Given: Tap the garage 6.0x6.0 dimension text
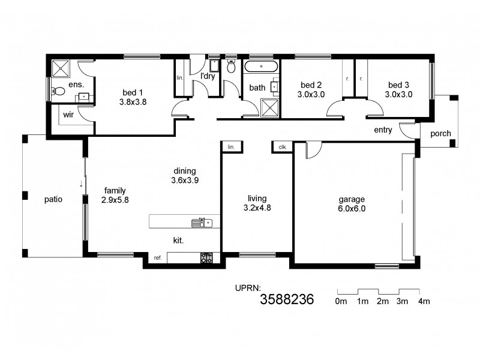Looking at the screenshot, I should [351, 209].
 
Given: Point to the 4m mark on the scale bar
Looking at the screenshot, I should [424, 301].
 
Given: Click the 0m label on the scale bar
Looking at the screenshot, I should [341, 301].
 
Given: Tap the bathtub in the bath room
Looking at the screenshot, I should [261, 67].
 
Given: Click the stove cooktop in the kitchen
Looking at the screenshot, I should [206, 257].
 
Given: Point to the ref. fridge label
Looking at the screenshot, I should [158, 257].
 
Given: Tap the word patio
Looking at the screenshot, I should [53, 199].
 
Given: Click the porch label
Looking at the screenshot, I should [441, 134].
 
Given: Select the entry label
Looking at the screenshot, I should [382, 130].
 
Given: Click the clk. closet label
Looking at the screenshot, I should [282, 146].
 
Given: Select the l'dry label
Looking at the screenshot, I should [208, 76].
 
